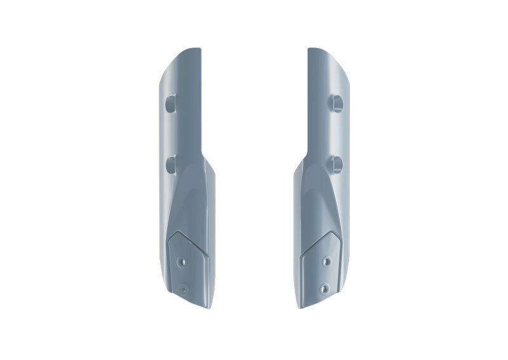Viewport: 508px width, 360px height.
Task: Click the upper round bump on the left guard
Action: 171,103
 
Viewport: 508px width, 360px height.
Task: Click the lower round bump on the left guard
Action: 171,164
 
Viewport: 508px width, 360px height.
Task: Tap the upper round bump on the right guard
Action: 337,103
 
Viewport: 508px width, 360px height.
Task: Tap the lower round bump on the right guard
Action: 337,164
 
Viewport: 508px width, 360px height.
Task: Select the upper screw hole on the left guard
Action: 183,261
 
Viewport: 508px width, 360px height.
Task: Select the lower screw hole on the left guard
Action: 184,289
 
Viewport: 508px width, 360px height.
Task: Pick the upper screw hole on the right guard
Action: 326,261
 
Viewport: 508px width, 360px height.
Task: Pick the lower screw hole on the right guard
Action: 324,289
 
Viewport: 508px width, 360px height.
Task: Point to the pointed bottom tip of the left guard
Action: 206,307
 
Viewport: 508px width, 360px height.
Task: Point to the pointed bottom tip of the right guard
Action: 302,307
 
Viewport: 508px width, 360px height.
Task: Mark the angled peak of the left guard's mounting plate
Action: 178,233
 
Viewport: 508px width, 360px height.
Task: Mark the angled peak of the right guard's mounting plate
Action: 330,233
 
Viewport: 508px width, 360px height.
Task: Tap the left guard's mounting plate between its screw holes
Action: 183,275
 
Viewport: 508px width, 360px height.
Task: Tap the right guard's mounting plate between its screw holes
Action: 325,275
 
